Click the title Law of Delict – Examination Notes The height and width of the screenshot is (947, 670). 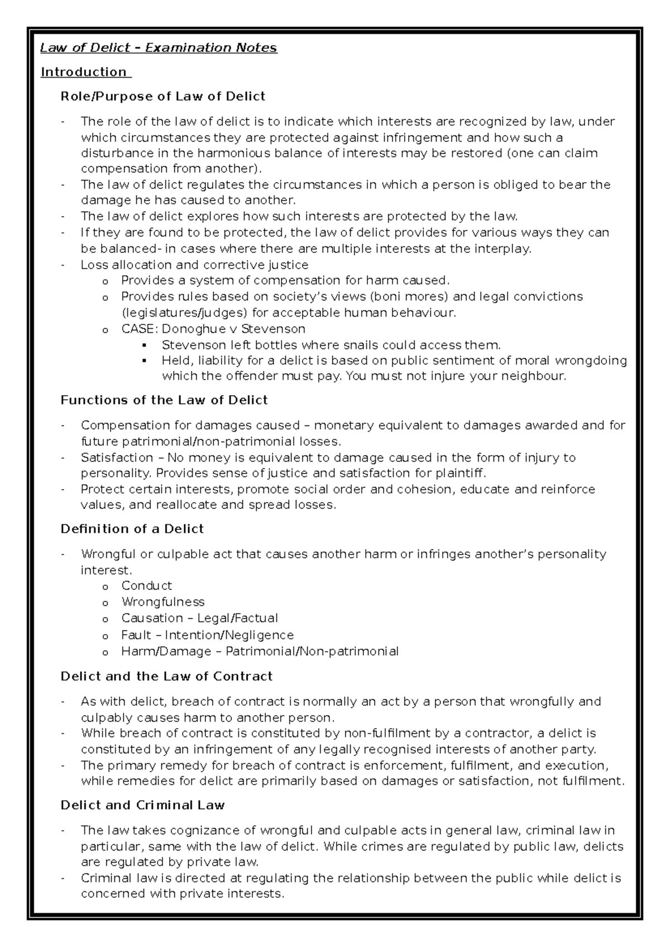click(159, 47)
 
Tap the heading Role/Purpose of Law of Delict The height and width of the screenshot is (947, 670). click(162, 97)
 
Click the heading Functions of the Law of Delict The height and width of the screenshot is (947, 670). click(164, 400)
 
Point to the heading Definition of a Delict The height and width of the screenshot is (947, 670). click(132, 529)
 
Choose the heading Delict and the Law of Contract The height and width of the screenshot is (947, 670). click(166, 676)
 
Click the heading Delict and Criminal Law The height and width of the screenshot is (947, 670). click(142, 805)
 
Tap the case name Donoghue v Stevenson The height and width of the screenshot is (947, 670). click(233, 329)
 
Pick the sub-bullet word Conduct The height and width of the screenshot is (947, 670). click(146, 586)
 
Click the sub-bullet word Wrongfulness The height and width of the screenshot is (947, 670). click(162, 602)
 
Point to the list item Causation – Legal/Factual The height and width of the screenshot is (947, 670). click(199, 618)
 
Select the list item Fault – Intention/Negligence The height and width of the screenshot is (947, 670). click(207, 635)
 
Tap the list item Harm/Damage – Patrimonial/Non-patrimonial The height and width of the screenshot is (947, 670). click(260, 651)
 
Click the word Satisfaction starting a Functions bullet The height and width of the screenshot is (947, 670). click(116, 458)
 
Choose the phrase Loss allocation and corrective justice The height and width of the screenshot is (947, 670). click(194, 265)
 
